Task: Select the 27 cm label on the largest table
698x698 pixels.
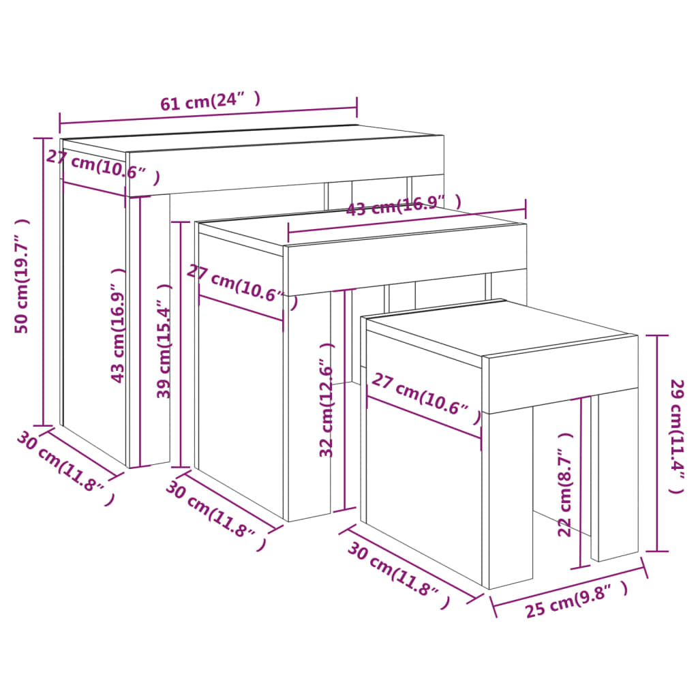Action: pyautogui.click(x=102, y=167)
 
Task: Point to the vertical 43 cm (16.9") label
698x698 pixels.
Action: pyautogui.click(x=119, y=324)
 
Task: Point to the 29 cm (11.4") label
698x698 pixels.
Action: pyautogui.click(x=677, y=436)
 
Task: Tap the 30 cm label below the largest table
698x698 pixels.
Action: pyautogui.click(x=65, y=469)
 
